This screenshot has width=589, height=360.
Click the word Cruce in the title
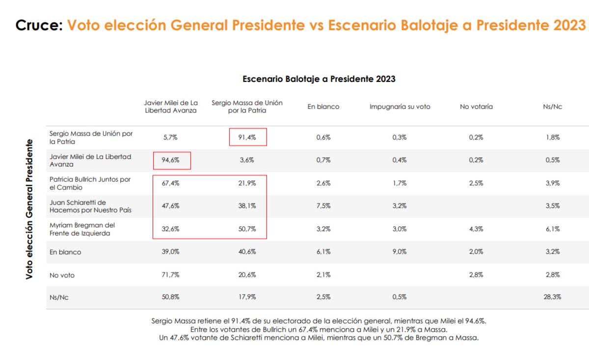pyautogui.click(x=39, y=25)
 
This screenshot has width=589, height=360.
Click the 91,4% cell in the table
pyautogui.click(x=247, y=137)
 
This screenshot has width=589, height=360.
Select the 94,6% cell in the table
pyautogui.click(x=170, y=160)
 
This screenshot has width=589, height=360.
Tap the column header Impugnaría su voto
pyautogui.click(x=400, y=107)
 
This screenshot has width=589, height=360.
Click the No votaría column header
pyautogui.click(x=476, y=107)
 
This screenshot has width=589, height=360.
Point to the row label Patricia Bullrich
pyautogui.click(x=90, y=183)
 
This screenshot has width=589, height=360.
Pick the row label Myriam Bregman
pyautogui.click(x=82, y=229)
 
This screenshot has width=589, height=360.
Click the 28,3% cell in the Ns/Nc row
pyautogui.click(x=552, y=297)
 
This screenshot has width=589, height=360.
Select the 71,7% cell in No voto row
pyautogui.click(x=170, y=275)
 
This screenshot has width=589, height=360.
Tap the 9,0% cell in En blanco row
pyautogui.click(x=400, y=252)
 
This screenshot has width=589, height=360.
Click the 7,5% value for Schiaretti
pyautogui.click(x=323, y=206)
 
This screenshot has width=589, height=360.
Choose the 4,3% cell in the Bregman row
pyautogui.click(x=476, y=229)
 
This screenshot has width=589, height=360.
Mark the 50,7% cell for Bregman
pyautogui.click(x=247, y=229)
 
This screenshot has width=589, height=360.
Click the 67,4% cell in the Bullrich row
pyautogui.click(x=170, y=183)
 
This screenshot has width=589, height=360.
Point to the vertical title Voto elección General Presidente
pyautogui.click(x=29, y=209)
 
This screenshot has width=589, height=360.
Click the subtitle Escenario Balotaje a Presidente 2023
pyautogui.click(x=319, y=79)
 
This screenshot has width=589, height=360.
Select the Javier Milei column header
pyautogui.click(x=171, y=107)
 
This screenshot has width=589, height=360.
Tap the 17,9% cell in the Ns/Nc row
pyautogui.click(x=247, y=297)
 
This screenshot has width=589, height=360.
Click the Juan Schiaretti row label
pyautogui.click(x=90, y=206)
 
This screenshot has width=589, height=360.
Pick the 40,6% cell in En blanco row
pyautogui.click(x=247, y=252)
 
